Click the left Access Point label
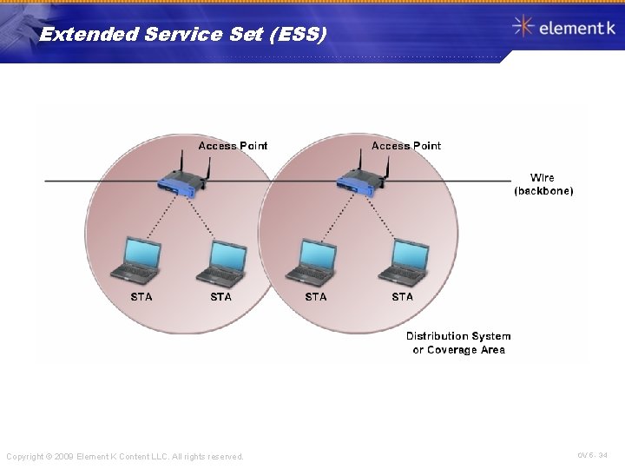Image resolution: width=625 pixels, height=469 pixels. click(x=233, y=146)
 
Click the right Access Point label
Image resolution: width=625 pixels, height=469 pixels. click(x=405, y=146)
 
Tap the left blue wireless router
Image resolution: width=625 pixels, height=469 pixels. click(x=183, y=182)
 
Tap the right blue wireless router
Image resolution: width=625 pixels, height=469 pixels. click(x=359, y=182)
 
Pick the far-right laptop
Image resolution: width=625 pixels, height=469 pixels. click(x=402, y=259)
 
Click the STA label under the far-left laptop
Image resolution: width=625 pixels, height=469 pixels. click(x=141, y=297)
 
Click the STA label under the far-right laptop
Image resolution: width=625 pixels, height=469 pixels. click(x=403, y=297)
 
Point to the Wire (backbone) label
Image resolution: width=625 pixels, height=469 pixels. click(x=543, y=184)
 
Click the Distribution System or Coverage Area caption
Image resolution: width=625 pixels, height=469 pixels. click(x=458, y=343)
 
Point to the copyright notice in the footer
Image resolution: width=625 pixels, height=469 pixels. click(x=125, y=456)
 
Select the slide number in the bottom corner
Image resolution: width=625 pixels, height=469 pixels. click(x=593, y=454)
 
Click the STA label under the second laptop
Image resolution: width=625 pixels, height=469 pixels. click(x=221, y=297)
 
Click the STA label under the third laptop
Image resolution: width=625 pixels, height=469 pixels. click(x=316, y=297)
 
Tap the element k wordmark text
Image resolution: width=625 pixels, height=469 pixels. click(x=576, y=28)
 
